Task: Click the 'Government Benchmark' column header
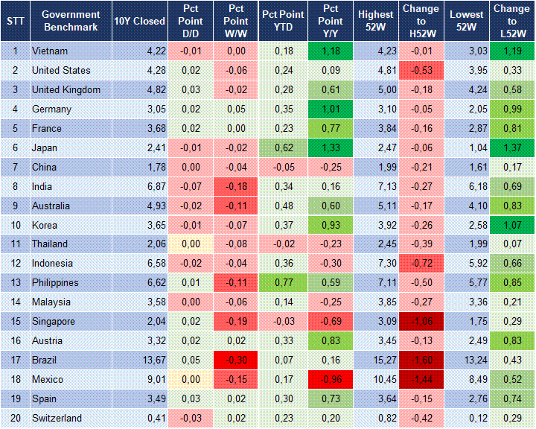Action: pyautogui.click(x=71, y=21)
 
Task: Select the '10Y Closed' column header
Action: pyautogui.click(x=139, y=21)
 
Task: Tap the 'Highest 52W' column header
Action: pyautogui.click(x=375, y=21)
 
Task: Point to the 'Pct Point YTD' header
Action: pyautogui.click(x=283, y=21)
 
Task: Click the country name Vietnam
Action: pyautogui.click(x=50, y=51)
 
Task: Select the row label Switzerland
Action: pyautogui.click(x=57, y=418)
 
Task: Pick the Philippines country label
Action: pyautogui.click(x=55, y=283)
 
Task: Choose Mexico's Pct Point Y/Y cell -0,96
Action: pyautogui.click(x=330, y=380)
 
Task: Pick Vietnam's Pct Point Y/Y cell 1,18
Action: pyautogui.click(x=330, y=51)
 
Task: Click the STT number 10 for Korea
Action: pyautogui.click(x=14, y=225)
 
